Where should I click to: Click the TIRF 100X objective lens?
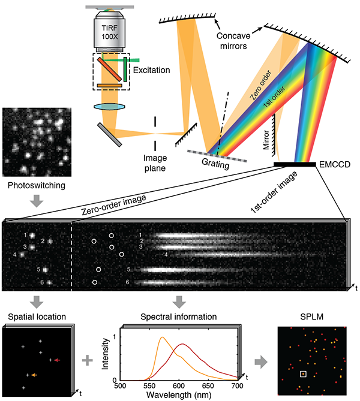point(110,30)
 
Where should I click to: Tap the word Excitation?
point(151,70)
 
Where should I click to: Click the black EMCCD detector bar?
point(295,164)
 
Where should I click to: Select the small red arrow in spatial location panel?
point(57,360)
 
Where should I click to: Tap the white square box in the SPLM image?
point(304,375)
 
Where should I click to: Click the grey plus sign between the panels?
point(88,360)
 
